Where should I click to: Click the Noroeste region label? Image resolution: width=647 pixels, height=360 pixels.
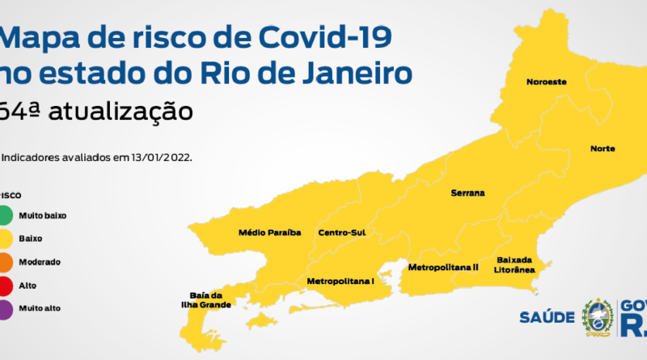click(x=546, y=82)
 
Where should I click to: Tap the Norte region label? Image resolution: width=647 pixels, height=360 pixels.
click(x=603, y=149)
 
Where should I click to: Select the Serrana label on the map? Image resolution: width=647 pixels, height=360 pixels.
click(x=468, y=193)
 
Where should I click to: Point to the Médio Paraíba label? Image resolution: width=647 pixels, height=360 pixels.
click(x=269, y=232)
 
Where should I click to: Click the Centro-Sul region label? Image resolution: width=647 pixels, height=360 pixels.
click(x=342, y=232)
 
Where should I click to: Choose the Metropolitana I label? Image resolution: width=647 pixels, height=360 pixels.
click(x=340, y=281)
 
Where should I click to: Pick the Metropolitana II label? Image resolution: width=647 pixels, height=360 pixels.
click(x=443, y=267)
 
